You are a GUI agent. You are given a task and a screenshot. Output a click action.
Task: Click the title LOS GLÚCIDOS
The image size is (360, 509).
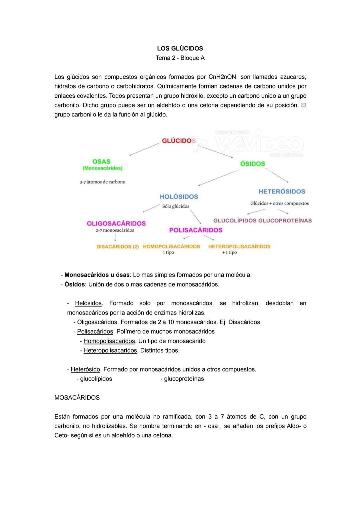(180, 48)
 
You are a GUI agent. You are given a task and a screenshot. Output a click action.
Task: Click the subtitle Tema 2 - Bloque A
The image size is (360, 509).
(180, 58)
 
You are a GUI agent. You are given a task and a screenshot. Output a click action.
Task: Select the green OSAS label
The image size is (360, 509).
(101, 161)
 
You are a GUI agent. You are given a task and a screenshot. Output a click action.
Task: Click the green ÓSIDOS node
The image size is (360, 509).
(253, 164)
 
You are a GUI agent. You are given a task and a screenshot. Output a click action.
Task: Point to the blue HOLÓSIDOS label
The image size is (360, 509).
(179, 197)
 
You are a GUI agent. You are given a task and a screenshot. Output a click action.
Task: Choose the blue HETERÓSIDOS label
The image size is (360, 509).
(282, 191)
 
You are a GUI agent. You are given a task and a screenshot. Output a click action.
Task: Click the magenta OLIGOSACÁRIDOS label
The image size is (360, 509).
(116, 223)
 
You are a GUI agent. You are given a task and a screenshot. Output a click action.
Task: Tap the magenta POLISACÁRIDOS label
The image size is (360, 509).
(196, 230)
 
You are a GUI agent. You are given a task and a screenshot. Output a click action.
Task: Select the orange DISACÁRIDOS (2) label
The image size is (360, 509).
(117, 247)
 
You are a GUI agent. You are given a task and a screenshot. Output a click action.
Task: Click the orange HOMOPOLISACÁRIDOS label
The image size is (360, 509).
(171, 246)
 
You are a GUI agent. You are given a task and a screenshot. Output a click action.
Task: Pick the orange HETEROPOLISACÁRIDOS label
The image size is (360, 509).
(239, 246)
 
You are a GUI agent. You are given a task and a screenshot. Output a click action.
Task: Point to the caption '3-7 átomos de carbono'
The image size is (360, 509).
(103, 182)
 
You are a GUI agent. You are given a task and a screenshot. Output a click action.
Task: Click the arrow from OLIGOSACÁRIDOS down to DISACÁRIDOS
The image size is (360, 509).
(115, 237)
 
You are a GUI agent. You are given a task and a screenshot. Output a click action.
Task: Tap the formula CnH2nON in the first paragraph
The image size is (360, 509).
(222, 77)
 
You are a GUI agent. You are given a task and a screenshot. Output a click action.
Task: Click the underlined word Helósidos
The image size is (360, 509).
(88, 303)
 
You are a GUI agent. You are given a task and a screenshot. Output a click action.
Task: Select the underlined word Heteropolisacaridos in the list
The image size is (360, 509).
(110, 351)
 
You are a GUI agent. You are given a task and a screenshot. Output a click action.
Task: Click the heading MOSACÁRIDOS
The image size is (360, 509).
(77, 398)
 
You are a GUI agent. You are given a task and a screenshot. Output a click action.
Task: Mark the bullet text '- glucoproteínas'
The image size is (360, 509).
(182, 379)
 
